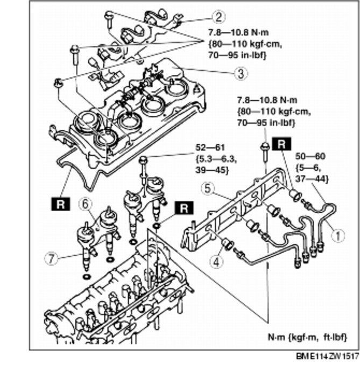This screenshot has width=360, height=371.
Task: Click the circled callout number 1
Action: [338, 235]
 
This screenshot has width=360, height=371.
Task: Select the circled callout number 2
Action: [218, 17]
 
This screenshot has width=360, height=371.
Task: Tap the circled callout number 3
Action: [241, 73]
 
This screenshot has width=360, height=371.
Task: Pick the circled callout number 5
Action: [208, 188]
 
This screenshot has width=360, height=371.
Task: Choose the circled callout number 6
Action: [84, 203]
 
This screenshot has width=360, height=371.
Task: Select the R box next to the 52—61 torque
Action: [183, 207]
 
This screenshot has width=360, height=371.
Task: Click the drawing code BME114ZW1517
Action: [326, 357]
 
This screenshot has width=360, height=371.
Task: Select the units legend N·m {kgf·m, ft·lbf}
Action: [307, 337]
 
